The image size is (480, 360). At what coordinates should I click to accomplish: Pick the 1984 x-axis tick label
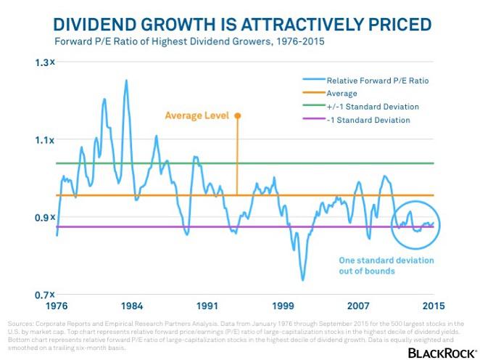[x=131, y=305]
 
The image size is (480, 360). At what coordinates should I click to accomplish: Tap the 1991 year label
[x=207, y=305]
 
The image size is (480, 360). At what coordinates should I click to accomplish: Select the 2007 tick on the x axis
[x=358, y=305]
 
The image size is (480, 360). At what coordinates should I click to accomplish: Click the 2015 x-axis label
[x=433, y=305]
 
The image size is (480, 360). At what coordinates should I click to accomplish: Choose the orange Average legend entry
[x=342, y=94]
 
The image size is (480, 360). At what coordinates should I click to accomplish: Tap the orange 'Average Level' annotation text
[x=196, y=115]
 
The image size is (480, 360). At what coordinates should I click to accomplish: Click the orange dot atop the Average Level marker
[x=236, y=115]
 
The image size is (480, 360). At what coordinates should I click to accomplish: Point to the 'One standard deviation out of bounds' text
[x=386, y=266]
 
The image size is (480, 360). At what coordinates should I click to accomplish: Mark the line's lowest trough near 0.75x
[x=303, y=279]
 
